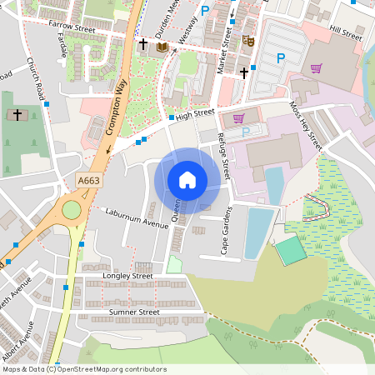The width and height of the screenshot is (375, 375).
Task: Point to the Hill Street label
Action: coord(345,32)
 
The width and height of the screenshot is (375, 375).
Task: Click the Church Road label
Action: coord(35,78)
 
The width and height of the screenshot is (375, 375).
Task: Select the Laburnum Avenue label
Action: coord(137,218)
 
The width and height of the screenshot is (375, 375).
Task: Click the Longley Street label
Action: coord(127,275)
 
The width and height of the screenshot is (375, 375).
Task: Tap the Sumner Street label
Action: coord(133,312)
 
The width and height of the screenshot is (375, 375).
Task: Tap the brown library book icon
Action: coord(162,46)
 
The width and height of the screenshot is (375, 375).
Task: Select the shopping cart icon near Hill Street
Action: coord(316,68)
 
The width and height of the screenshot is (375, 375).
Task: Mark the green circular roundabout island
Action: coord(72,208)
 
